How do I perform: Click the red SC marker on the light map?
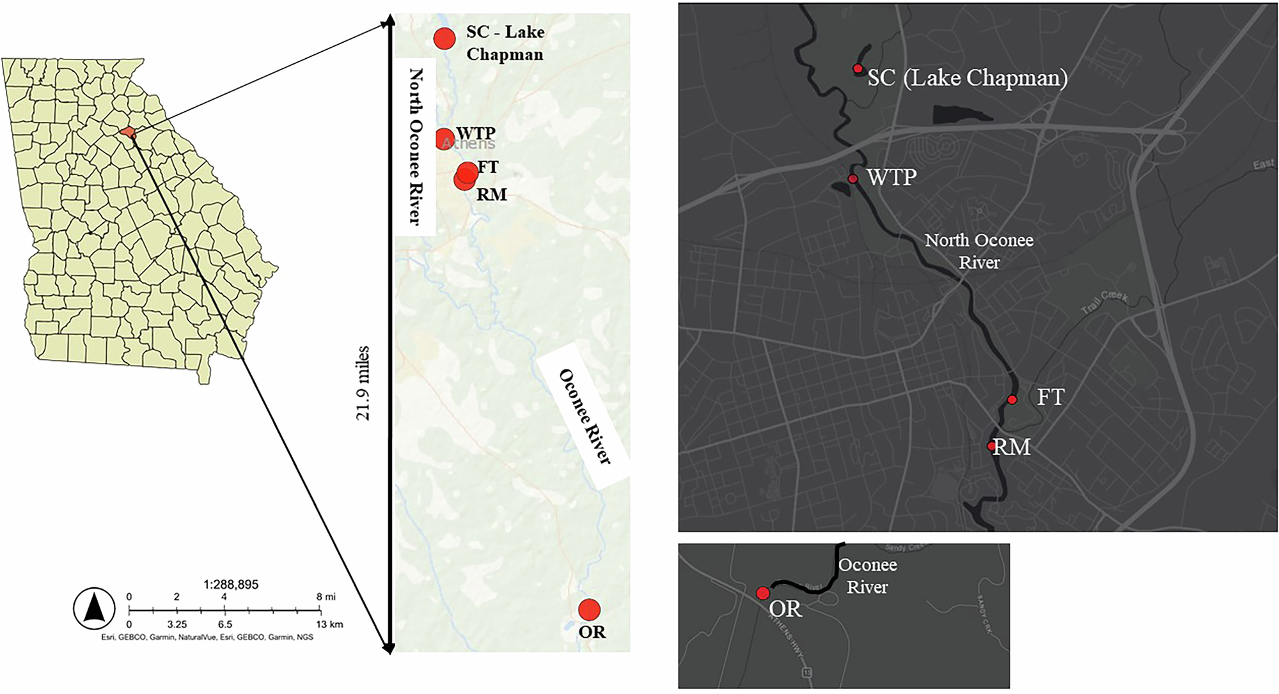(x=444, y=38)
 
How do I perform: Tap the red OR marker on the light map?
(x=589, y=609)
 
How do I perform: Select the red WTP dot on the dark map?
(x=852, y=179)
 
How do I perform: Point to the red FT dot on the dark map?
(x=1012, y=400)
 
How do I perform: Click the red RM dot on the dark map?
(x=991, y=446)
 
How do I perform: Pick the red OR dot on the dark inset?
(x=762, y=593)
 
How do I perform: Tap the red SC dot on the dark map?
(x=858, y=68)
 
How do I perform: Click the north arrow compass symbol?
(x=94, y=608)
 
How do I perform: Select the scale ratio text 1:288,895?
(x=231, y=584)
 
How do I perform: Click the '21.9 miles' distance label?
(x=363, y=383)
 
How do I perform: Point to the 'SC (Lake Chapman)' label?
(x=967, y=78)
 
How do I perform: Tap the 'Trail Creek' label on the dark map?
(x=1104, y=302)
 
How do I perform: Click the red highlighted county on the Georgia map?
(x=129, y=132)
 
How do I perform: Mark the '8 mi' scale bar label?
(x=326, y=597)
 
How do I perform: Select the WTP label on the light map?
(x=476, y=133)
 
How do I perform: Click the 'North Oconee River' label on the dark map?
(x=978, y=251)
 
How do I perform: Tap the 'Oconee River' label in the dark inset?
(x=867, y=576)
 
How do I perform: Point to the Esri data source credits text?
(x=207, y=637)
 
